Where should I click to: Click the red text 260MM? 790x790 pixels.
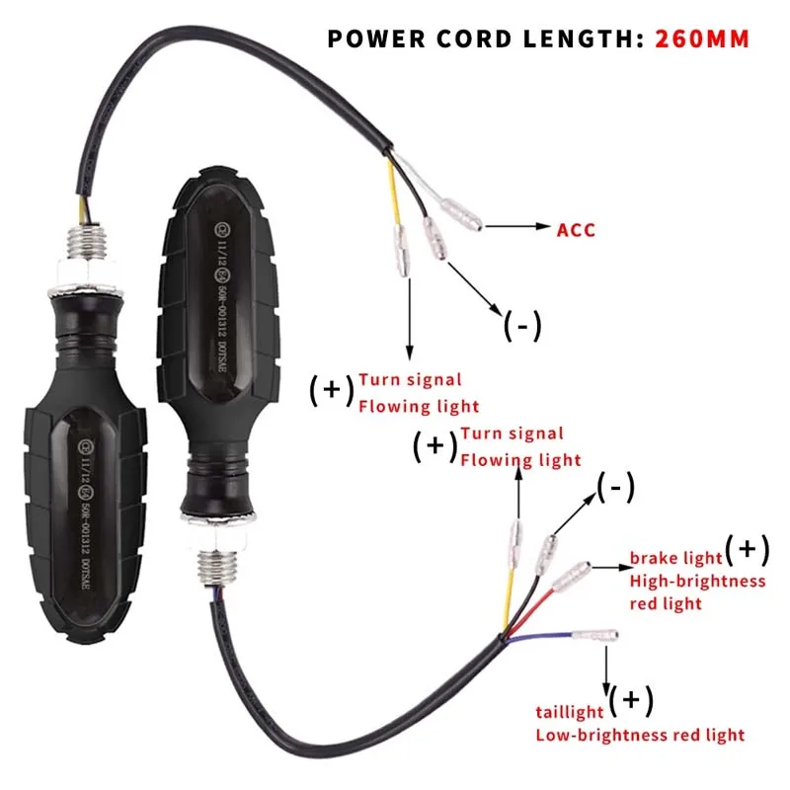[x=701, y=39]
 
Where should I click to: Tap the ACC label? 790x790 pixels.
[x=577, y=229]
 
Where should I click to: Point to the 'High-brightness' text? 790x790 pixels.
[x=696, y=581]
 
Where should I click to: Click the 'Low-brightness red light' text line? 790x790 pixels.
[x=640, y=734]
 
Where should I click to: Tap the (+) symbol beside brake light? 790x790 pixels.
[x=747, y=548]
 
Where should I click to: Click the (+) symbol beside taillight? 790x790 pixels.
[x=631, y=701]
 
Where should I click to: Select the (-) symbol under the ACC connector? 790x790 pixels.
[x=522, y=324]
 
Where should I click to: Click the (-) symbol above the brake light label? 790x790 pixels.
[x=615, y=486]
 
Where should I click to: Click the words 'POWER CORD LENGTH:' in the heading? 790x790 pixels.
[x=484, y=39]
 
